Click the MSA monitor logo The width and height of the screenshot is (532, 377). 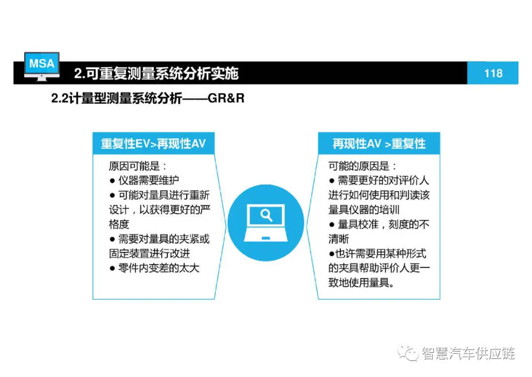point(42,66)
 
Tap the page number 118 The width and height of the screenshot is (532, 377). point(493,74)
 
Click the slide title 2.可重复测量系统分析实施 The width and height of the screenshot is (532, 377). point(156,74)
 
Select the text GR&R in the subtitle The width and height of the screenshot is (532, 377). point(226,98)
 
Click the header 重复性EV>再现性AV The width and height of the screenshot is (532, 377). point(153,144)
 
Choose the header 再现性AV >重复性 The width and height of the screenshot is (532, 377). point(379,144)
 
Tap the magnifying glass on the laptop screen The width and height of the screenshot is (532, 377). point(266,215)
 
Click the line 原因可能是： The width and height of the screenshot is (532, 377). point(138,166)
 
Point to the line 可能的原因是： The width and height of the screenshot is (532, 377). point(363,166)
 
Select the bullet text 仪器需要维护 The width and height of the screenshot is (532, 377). point(148,181)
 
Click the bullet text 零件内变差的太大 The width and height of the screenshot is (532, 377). point(159,268)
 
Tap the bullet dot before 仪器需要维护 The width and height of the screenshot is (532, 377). point(112,181)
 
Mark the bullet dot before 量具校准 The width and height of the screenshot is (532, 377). point(332,225)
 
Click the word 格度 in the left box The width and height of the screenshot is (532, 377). point(119,225)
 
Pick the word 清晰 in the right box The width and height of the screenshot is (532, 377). point(338,239)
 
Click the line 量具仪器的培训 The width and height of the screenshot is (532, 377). point(364,210)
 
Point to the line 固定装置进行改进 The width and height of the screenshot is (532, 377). point(150,254)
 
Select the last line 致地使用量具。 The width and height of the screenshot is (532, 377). point(362,282)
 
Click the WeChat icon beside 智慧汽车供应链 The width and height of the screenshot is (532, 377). point(408,353)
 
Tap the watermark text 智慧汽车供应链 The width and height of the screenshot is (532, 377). point(468,353)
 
